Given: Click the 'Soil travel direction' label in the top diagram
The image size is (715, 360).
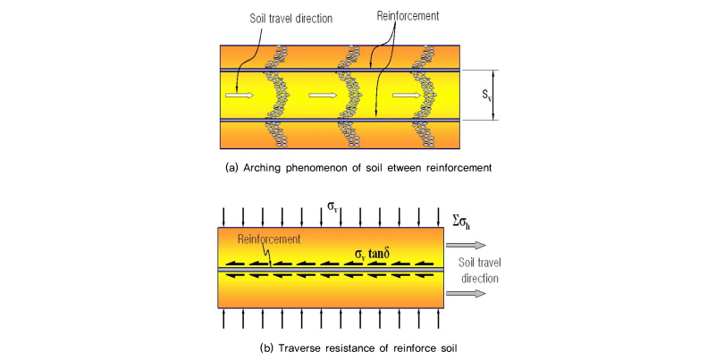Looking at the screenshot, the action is coord(291,19).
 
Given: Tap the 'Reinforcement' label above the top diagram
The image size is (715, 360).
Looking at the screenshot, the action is coord(408,16).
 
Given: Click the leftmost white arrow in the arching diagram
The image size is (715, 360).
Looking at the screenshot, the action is coord(240,95).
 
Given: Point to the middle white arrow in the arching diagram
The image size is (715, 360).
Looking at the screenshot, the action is coord(323,95).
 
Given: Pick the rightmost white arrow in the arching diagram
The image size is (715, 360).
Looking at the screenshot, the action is coord(407,95).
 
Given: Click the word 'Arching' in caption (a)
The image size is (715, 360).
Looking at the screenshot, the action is coord(263,168).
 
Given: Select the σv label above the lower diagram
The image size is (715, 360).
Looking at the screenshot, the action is coord(333,206).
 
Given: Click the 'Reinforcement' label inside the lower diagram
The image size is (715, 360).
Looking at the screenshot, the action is coord(269,239).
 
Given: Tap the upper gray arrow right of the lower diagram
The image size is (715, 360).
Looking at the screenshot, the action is coord(466,245).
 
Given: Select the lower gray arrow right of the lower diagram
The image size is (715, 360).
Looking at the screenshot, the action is coord(466,294).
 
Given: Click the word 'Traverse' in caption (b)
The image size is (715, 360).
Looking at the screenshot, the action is coord(299,348).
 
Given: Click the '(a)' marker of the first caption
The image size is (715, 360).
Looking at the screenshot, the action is coord(231,168).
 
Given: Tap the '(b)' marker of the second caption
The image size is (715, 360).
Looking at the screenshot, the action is coord(266,348).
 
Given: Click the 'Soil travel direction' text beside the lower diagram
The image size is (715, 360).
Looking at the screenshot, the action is coord(479,271).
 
